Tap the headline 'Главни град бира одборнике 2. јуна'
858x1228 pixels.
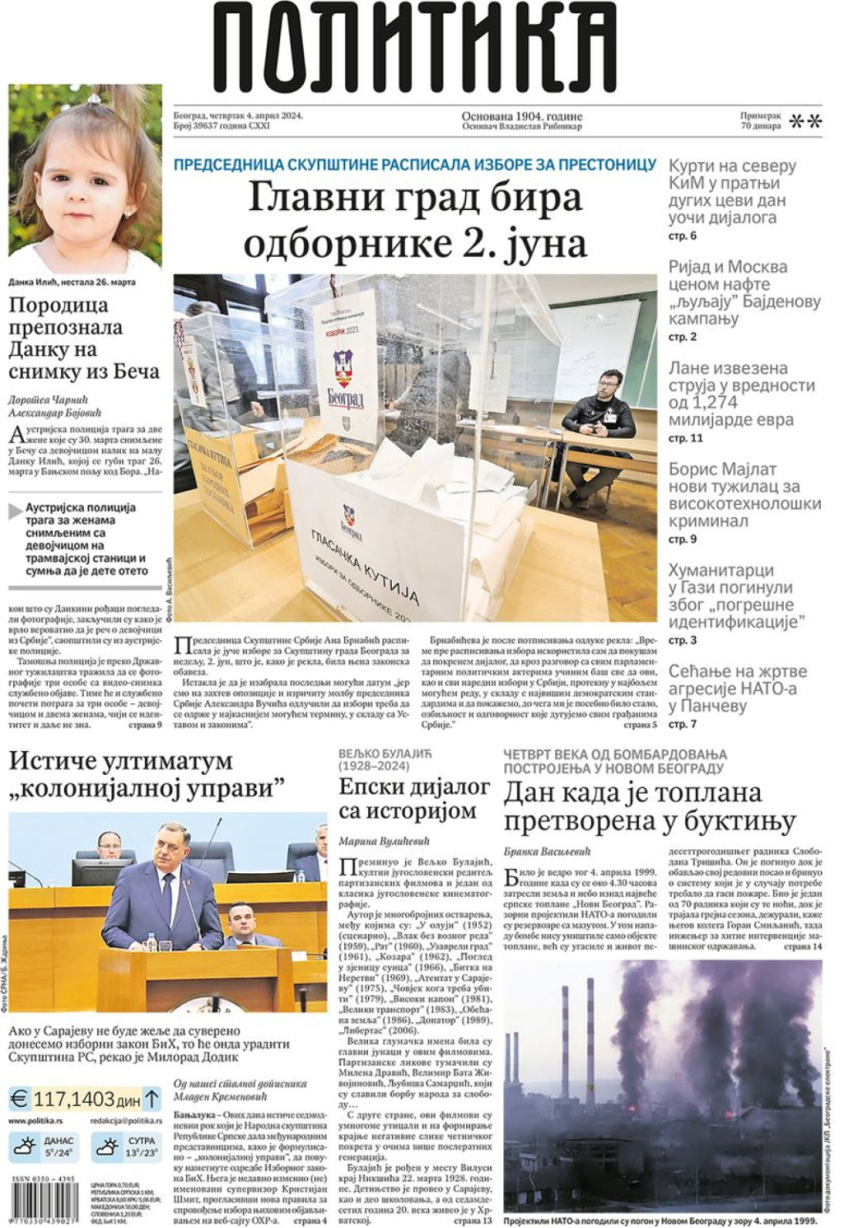click(x=415, y=221)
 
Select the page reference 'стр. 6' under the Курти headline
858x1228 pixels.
click(x=682, y=236)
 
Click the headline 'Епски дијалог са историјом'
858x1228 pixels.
click(x=407, y=800)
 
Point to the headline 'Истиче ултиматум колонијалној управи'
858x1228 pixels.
click(x=148, y=774)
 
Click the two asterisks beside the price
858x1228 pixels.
click(x=807, y=120)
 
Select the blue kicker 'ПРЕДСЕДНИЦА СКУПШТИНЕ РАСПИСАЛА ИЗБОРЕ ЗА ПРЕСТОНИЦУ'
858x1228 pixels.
click(x=415, y=163)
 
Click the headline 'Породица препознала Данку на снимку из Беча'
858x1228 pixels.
click(x=84, y=338)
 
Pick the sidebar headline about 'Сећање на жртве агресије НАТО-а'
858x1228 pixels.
click(x=737, y=688)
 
